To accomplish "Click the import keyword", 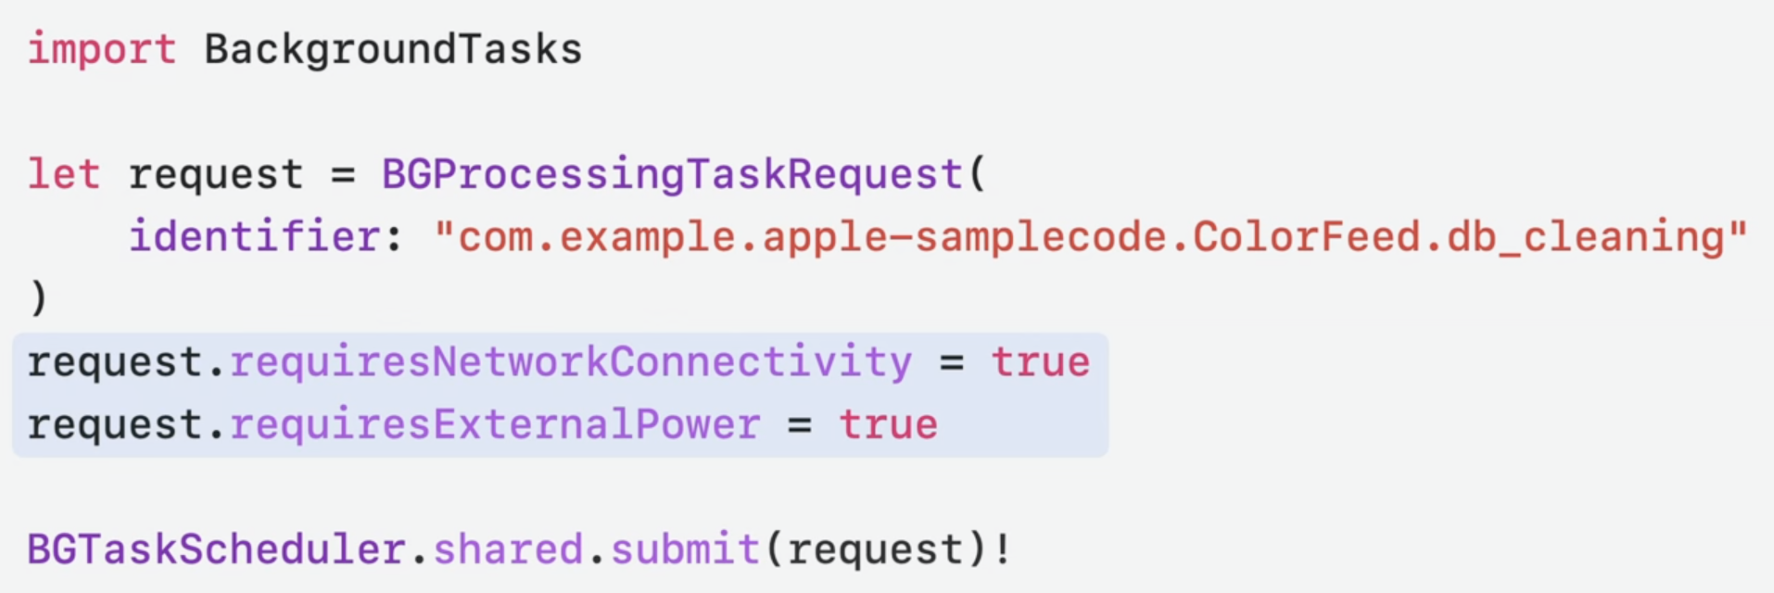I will (101, 49).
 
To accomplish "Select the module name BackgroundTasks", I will (393, 49).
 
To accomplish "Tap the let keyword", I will (63, 174).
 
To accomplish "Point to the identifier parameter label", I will (254, 237).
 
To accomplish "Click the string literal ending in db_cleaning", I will (1090, 237).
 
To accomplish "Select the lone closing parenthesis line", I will (38, 298).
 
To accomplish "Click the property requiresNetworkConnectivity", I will (571, 362).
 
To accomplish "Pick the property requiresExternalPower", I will (495, 425).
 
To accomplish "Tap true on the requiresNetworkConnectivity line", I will (1041, 362).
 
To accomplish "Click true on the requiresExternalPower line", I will (889, 425).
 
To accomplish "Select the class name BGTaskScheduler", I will (216, 549).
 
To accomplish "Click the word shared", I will (508, 549).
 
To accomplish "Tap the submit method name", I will (686, 549).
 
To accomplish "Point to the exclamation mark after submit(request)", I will (1002, 549).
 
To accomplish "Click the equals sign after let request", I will (343, 174).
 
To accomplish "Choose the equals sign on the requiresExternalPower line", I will (800, 425).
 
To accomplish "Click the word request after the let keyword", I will (216, 174).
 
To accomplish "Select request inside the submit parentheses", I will (876, 549).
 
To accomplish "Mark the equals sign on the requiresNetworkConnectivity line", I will (952, 362).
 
